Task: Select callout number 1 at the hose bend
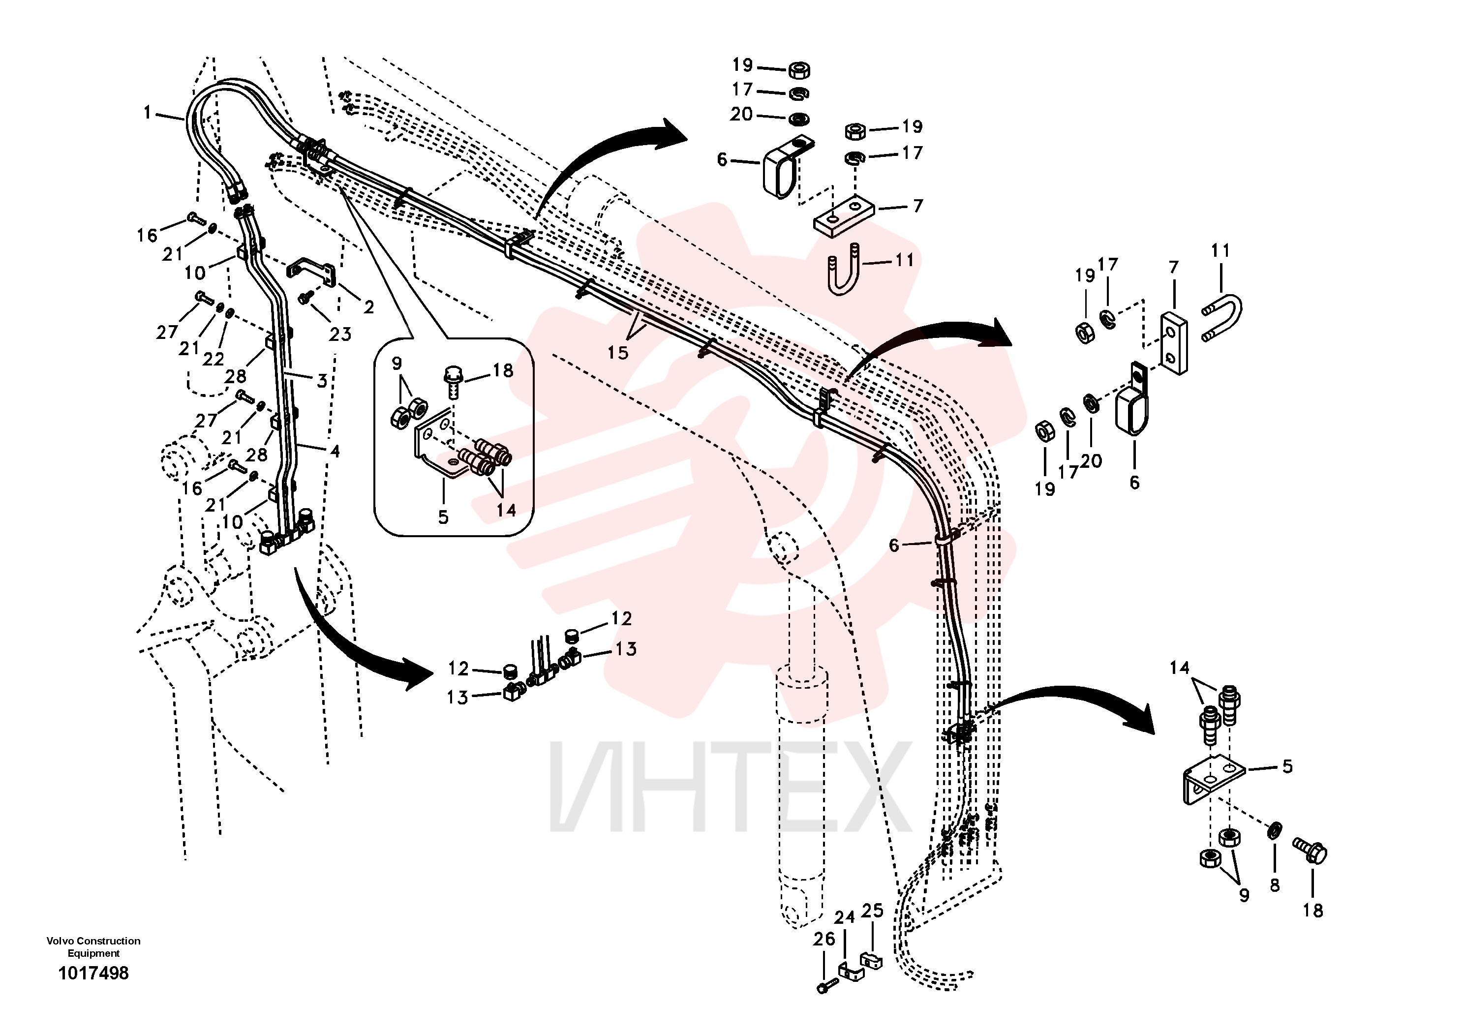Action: click(x=147, y=113)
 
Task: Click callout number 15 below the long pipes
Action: click(x=617, y=353)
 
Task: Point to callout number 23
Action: click(x=340, y=334)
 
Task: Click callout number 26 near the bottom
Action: click(x=824, y=939)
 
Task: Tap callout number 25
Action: click(x=872, y=911)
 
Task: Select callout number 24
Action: click(x=844, y=917)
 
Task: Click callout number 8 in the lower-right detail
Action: click(x=1275, y=885)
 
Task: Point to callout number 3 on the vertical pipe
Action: click(x=322, y=381)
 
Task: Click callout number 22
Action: click(x=213, y=359)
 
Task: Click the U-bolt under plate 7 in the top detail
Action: click(x=844, y=269)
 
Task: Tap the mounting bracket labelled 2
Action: click(x=311, y=269)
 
